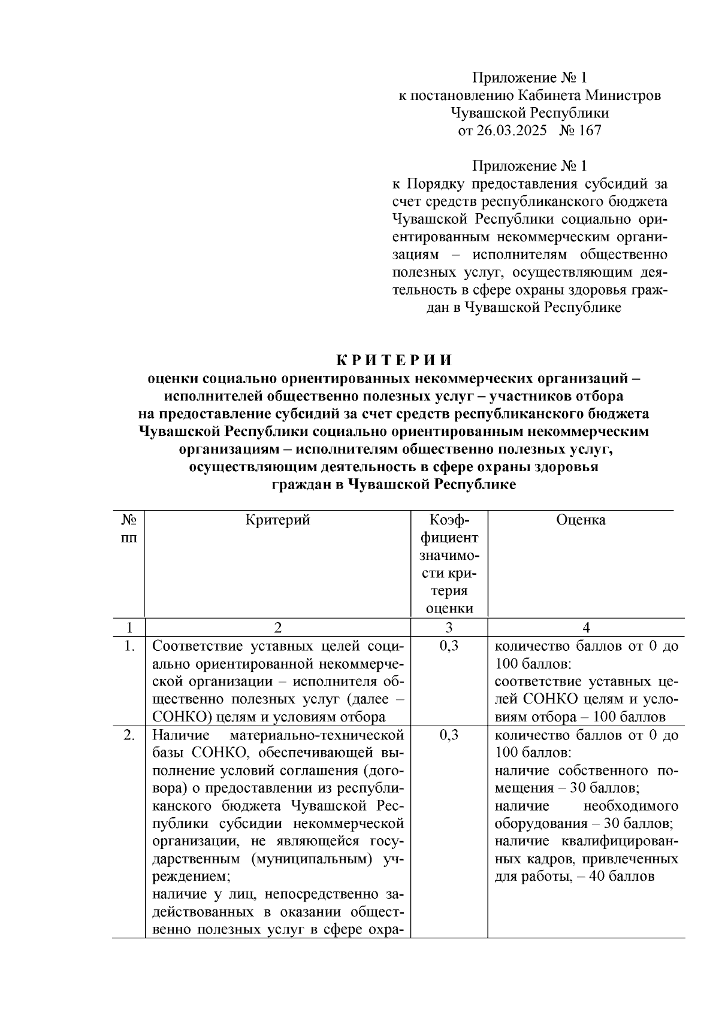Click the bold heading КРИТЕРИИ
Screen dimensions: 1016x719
click(x=394, y=360)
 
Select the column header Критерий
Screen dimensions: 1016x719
click(x=277, y=520)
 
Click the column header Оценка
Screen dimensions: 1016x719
click(x=580, y=520)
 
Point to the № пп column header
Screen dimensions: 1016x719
click(x=128, y=529)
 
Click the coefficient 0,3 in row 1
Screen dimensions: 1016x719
click(x=449, y=646)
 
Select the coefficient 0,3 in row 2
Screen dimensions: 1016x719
click(x=449, y=735)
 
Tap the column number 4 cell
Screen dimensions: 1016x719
click(x=586, y=627)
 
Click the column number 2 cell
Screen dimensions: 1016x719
click(x=277, y=627)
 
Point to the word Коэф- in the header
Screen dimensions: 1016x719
click(x=449, y=520)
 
